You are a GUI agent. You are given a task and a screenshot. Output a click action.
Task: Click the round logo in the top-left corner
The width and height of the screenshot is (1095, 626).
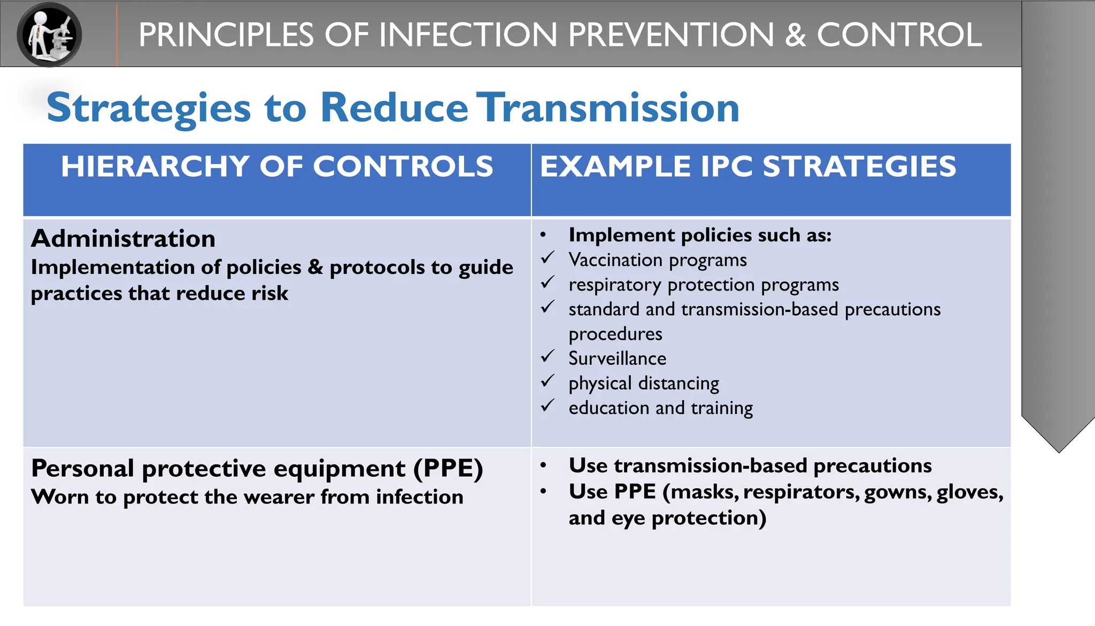click(49, 34)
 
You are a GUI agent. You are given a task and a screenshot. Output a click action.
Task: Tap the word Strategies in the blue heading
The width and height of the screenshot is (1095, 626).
click(149, 109)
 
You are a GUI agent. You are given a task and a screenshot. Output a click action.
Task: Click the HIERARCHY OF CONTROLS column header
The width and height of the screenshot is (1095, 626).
click(277, 166)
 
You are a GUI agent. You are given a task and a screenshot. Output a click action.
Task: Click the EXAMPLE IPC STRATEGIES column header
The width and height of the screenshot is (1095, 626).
click(747, 166)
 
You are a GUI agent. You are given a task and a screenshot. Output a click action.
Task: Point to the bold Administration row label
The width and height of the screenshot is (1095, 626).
click(124, 239)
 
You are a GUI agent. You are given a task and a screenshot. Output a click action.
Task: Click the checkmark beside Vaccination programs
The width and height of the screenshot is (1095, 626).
click(547, 258)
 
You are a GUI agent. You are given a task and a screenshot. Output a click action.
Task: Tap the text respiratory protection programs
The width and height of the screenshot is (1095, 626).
click(704, 285)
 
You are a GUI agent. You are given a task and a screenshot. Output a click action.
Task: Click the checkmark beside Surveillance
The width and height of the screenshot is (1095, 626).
click(547, 356)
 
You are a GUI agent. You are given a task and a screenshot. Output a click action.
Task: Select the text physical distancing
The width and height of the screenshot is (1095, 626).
click(644, 383)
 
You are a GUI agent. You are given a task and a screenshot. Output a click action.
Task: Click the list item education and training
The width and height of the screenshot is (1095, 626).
click(660, 408)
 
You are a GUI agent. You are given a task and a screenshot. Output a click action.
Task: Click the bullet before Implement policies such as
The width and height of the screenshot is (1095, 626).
click(543, 235)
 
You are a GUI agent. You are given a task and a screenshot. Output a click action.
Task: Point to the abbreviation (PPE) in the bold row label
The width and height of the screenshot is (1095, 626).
click(448, 469)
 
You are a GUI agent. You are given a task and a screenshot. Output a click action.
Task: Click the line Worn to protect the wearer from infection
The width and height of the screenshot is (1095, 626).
click(247, 497)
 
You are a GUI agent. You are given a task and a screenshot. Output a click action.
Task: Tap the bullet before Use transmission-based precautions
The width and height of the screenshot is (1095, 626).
click(543, 466)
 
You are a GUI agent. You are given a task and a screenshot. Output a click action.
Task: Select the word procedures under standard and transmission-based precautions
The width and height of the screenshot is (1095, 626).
click(615, 334)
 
